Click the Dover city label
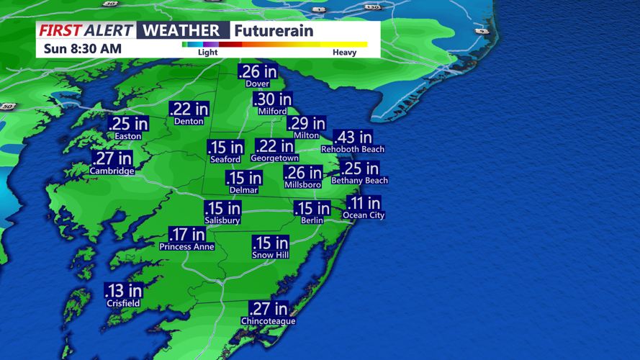click(x=258, y=84)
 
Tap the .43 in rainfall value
click(x=353, y=137)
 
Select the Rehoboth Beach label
click(x=353, y=149)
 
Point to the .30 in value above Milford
click(x=273, y=100)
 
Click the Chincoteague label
click(x=268, y=321)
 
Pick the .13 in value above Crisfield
click(x=123, y=291)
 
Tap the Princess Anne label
click(x=186, y=247)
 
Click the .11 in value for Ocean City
click(x=364, y=203)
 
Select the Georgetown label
click(x=274, y=158)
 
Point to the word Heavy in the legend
click(x=344, y=53)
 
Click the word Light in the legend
click(x=207, y=53)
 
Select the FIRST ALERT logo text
click(x=86, y=30)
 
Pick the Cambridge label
click(x=112, y=171)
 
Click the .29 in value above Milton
click(x=306, y=124)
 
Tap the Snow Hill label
click(x=270, y=255)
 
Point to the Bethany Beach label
click(x=359, y=181)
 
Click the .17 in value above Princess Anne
click(x=187, y=235)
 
